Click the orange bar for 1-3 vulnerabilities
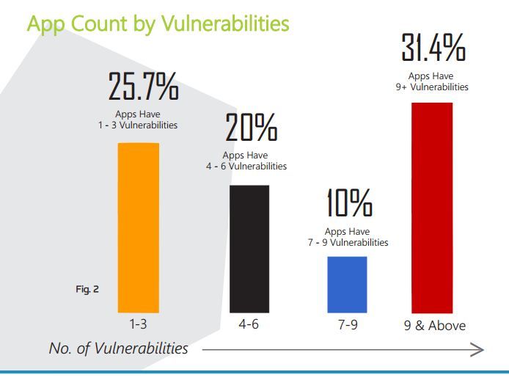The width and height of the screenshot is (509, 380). pos(139,227)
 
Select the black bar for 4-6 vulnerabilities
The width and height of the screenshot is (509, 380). pos(249,249)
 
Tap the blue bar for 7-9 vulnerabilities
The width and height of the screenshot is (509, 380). pos(347,285)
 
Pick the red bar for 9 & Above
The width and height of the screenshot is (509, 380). pos(432,208)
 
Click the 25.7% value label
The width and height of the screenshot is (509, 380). pos(144,87)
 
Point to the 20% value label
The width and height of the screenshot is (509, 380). pos(252,129)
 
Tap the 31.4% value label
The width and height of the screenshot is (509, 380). pos(433,48)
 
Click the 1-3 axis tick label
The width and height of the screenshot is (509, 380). pos(139,324)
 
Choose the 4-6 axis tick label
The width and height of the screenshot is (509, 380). pos(249,324)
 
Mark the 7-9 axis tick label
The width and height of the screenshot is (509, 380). pos(348,324)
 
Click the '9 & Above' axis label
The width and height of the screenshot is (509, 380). pos(436,325)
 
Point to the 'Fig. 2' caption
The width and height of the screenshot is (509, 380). pos(87,289)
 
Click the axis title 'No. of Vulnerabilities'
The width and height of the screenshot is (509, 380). pos(118,348)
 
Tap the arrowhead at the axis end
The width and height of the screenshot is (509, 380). pos(478,350)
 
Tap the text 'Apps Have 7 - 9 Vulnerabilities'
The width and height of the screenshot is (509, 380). pos(348,238)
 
